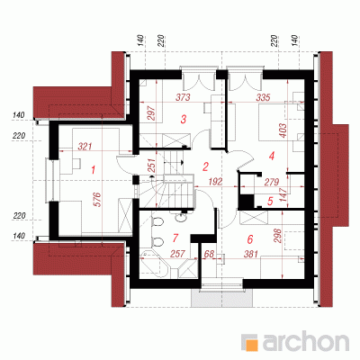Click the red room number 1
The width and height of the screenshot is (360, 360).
(x=93, y=170)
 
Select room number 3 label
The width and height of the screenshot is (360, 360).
(x=183, y=119)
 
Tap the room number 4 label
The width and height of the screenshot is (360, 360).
(x=272, y=156)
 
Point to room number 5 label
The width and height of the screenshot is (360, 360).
(x=270, y=202)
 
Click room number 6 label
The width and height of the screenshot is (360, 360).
(x=250, y=239)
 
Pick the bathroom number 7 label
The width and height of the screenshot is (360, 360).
(x=175, y=238)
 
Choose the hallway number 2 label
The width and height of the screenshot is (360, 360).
(x=205, y=166)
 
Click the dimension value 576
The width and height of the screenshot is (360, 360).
(x=99, y=200)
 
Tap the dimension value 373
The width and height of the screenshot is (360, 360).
(x=183, y=97)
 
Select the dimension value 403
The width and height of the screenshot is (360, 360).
(x=283, y=130)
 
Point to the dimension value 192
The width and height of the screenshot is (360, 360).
(x=215, y=182)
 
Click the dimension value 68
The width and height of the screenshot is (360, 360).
(x=209, y=254)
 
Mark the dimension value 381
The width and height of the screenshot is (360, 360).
(x=251, y=254)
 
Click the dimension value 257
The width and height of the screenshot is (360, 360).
(x=177, y=254)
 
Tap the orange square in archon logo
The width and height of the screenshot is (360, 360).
(x=251, y=343)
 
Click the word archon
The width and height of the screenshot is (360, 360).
(x=306, y=341)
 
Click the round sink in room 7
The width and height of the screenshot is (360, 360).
(x=180, y=218)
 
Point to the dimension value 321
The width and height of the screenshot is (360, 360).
(x=85, y=147)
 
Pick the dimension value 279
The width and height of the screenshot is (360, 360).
(x=272, y=182)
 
